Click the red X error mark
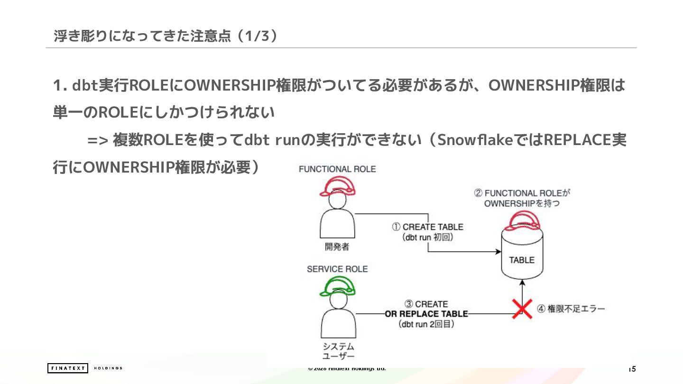point(522,309)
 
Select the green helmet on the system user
point(337,286)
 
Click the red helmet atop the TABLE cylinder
point(522,219)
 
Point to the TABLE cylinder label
point(522,260)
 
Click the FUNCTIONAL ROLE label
point(337,169)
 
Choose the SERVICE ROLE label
point(337,269)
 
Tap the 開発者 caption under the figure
point(337,247)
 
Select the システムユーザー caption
point(338,351)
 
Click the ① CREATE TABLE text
point(427,227)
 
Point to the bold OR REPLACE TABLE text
point(426,314)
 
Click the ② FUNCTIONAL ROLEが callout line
point(522,193)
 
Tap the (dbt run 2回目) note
point(426,325)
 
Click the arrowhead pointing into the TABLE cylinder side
point(498,252)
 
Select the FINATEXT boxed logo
point(68,368)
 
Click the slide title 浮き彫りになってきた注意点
point(142,36)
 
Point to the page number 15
point(632,369)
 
